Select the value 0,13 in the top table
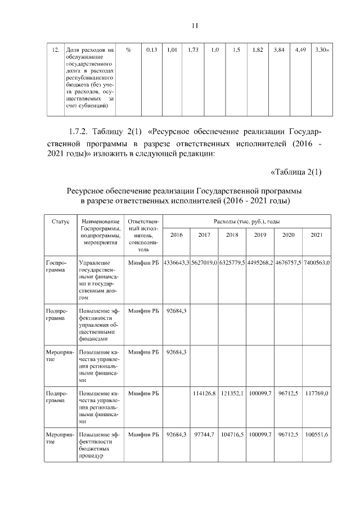click(151, 50)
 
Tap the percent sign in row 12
click(129, 50)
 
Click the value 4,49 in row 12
click(300, 50)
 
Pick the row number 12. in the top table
click(56, 50)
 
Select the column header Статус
click(60, 222)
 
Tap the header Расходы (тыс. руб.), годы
click(247, 222)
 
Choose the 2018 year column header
click(232, 235)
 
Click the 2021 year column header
click(317, 235)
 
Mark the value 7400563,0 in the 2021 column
click(317, 262)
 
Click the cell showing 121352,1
click(232, 393)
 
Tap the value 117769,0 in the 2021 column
click(317, 393)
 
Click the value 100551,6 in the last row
click(317, 435)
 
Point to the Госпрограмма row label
click(56, 266)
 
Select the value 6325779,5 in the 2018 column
click(232, 262)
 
